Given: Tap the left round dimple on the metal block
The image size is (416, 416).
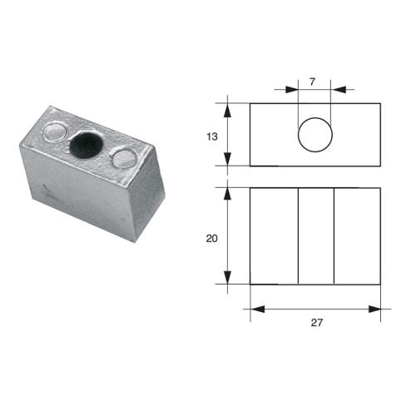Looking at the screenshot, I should coord(53,131).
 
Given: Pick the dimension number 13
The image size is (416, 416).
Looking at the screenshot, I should coord(212,135).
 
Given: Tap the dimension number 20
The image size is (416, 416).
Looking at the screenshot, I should coord(211,237).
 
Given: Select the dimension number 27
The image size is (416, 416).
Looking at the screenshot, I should coord(316,321).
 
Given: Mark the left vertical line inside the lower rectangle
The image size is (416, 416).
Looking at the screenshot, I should coord(298,235).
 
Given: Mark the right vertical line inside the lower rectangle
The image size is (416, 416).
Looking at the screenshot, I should coord(334,235).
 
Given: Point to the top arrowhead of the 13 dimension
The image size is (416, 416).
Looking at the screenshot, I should coord(228,108).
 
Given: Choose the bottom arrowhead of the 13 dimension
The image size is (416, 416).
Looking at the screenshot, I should coord(228,160).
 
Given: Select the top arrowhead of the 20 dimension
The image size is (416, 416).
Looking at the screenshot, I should coord(228,193).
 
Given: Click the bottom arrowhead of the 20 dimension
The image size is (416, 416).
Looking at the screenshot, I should coord(228,278).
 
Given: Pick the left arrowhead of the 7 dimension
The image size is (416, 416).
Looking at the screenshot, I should coord(291,88).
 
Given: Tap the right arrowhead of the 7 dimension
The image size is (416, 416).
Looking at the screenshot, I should coord(339,88).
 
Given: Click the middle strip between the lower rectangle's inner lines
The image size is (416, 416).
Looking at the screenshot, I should coord(316,235).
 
